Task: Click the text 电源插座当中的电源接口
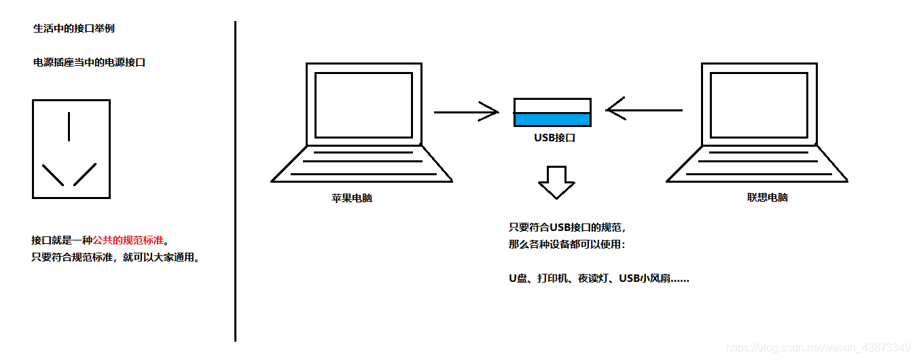[89, 62]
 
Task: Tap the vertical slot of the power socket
[69, 126]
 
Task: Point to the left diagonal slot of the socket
[52, 175]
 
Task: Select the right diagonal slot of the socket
[85, 175]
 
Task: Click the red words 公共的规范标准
[128, 240]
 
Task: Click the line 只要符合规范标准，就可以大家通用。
[116, 258]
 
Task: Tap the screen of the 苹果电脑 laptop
[363, 105]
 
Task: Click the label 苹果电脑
[352, 198]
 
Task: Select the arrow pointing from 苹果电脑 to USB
[466, 111]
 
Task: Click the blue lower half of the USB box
[552, 120]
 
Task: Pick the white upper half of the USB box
[552, 105]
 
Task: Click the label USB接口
[554, 138]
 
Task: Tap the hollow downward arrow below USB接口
[556, 181]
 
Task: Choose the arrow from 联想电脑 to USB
[644, 109]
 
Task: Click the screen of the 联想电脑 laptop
[759, 105]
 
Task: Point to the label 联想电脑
[768, 198]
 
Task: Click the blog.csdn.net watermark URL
[818, 348]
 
